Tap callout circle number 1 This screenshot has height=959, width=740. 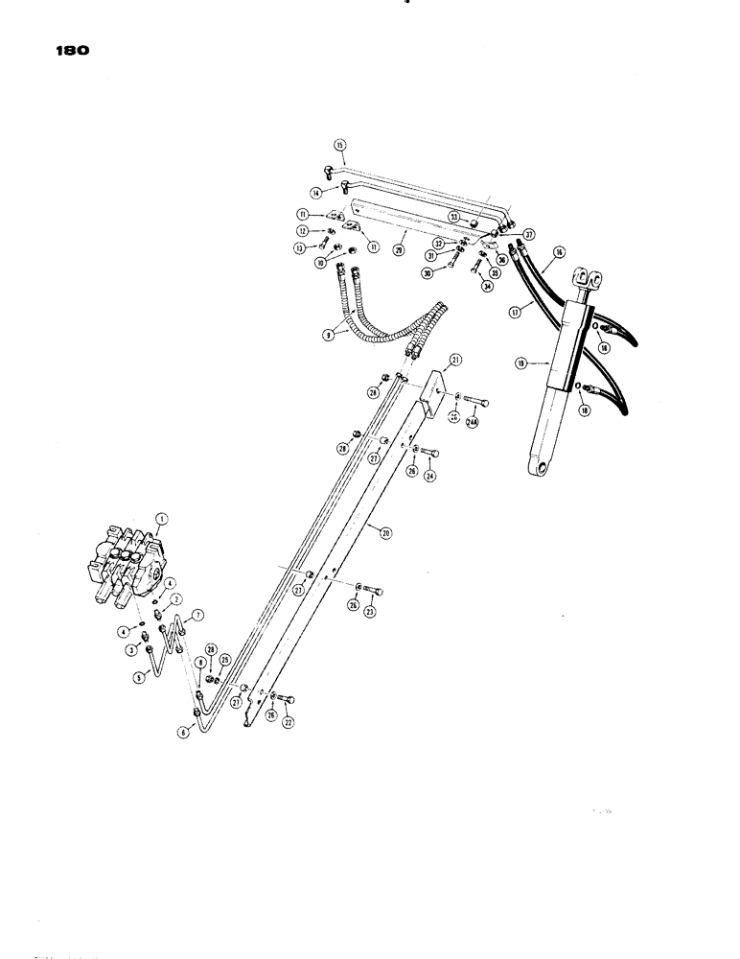[162, 519]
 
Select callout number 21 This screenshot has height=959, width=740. [456, 360]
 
